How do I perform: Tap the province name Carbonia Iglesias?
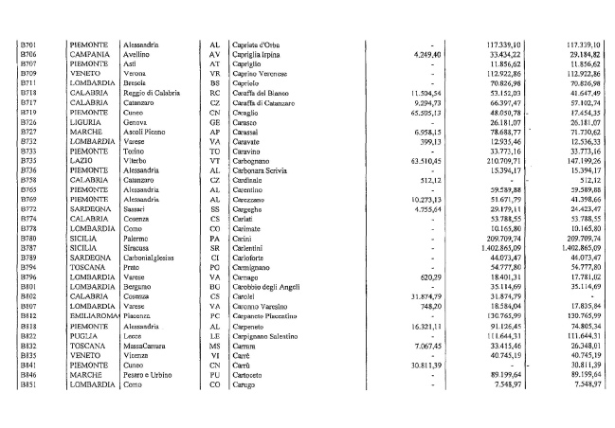156,258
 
